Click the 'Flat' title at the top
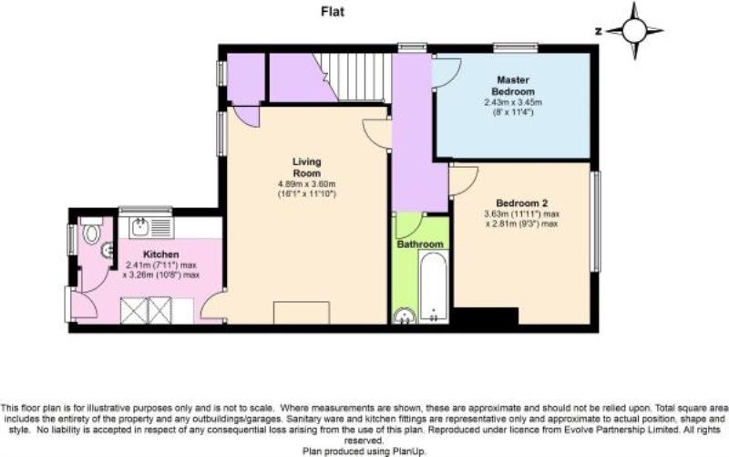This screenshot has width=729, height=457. pyautogui.click(x=333, y=12)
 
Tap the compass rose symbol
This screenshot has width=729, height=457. pyautogui.click(x=634, y=31)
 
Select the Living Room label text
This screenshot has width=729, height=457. pyautogui.click(x=307, y=167)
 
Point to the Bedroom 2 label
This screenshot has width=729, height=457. pyautogui.click(x=521, y=203)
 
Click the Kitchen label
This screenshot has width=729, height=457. pyautogui.click(x=161, y=254)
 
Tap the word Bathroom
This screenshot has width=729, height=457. pyautogui.click(x=420, y=244)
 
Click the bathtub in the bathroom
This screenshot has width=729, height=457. pyautogui.click(x=434, y=286)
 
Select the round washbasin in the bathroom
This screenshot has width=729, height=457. pyautogui.click(x=405, y=317)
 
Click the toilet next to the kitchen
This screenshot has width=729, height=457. pyautogui.click(x=92, y=231)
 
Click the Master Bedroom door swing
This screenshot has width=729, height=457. pyautogui.click(x=446, y=72)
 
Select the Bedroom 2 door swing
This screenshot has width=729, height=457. pyautogui.click(x=463, y=181)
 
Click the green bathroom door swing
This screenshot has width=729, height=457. pyautogui.click(x=409, y=226)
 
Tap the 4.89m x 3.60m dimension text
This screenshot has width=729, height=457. pyautogui.click(x=307, y=184)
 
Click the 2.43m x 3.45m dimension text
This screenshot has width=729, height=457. pyautogui.click(x=513, y=102)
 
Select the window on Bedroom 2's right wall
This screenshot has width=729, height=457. pyautogui.click(x=595, y=221)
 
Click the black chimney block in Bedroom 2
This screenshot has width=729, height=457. pyautogui.click(x=486, y=316)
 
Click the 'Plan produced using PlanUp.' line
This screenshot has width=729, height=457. pyautogui.click(x=364, y=451)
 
